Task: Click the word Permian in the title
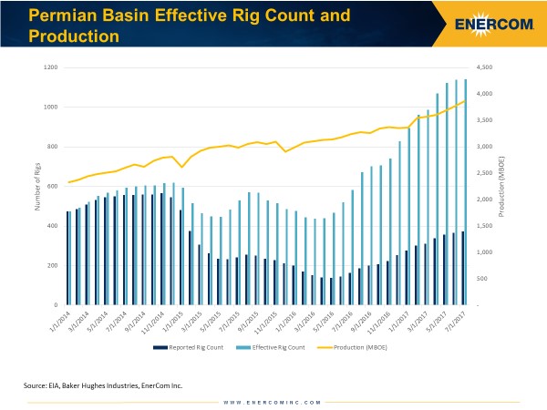pos(61,15)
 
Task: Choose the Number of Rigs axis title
pos(36,186)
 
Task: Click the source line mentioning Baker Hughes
pos(103,386)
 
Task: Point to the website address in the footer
pos(273,401)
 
